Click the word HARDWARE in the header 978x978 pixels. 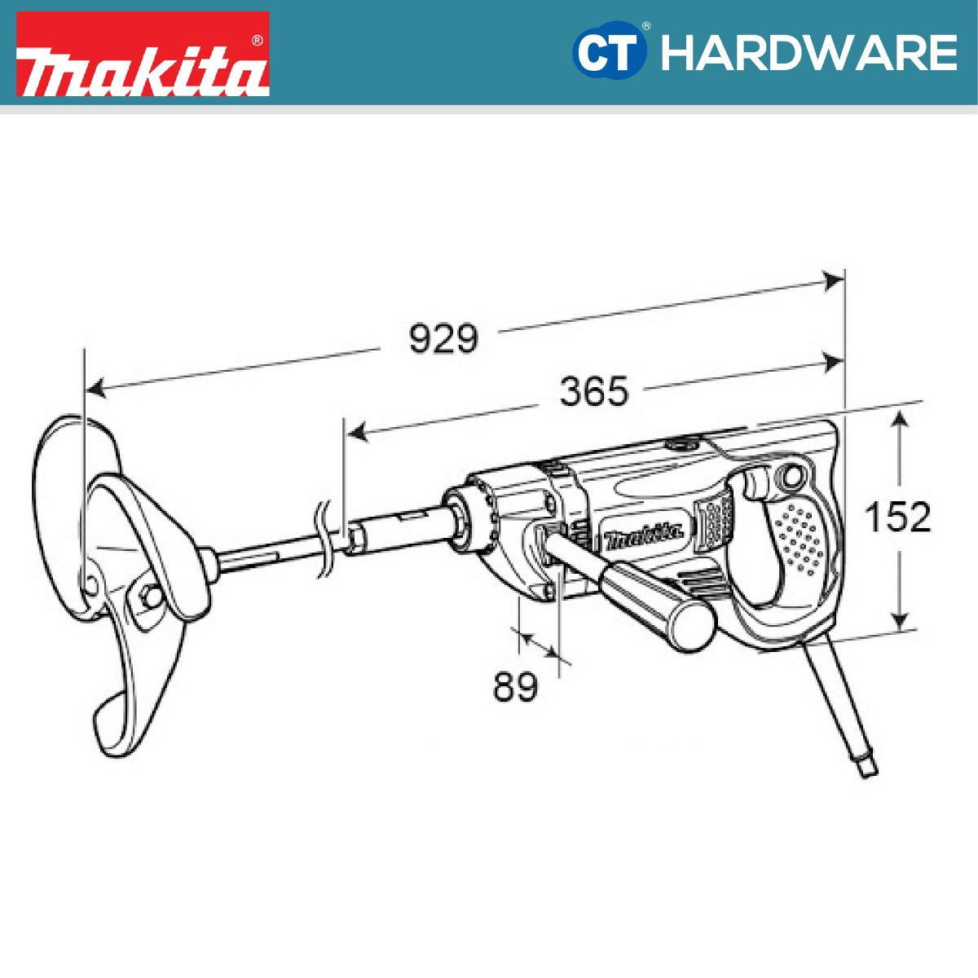808,53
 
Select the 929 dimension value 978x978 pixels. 443,338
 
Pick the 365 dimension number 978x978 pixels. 594,392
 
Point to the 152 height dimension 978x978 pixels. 897,517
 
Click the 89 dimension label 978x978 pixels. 515,687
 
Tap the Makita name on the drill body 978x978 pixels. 643,535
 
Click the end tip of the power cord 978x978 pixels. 870,767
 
